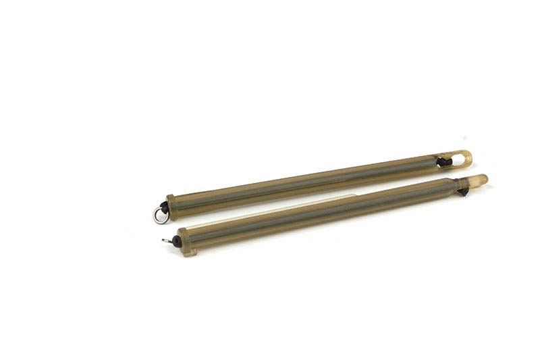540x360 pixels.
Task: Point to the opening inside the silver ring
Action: coord(159,215)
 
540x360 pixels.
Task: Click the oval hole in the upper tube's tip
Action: coord(462,158)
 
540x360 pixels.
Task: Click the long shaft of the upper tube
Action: coord(304,182)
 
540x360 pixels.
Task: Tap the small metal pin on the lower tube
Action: coord(165,240)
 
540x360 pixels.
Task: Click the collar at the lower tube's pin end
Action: coord(186,239)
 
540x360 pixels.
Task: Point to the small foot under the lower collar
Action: coord(189,252)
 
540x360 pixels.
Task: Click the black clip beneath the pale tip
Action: coord(464,192)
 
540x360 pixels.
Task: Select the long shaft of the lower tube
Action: coord(324,211)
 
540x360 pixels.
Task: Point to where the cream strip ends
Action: coord(354,197)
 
